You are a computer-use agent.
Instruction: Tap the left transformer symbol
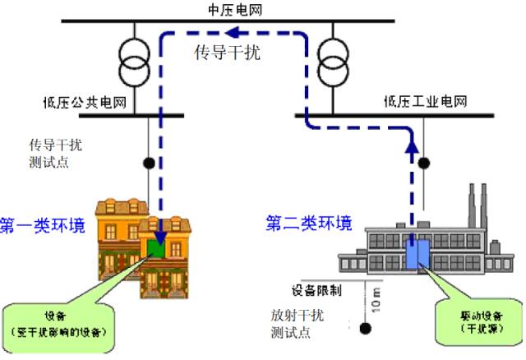coord(133,62)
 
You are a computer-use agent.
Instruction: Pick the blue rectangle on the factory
coord(416,253)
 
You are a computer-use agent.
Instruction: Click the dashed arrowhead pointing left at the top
coord(233,34)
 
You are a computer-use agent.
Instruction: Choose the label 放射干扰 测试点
coord(297,323)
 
